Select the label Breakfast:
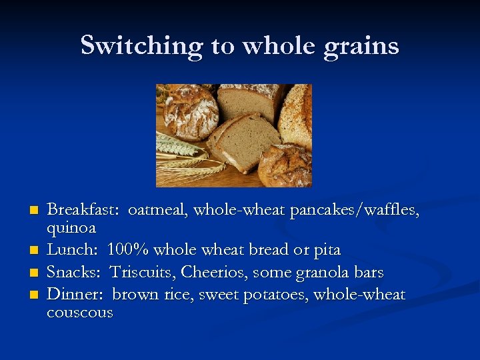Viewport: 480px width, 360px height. [x=83, y=211]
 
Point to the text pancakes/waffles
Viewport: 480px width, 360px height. [x=356, y=211]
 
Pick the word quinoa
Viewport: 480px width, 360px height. [x=71, y=228]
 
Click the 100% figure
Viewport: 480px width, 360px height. [x=127, y=250]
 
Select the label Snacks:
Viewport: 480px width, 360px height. [x=74, y=273]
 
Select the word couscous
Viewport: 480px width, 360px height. [x=79, y=313]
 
